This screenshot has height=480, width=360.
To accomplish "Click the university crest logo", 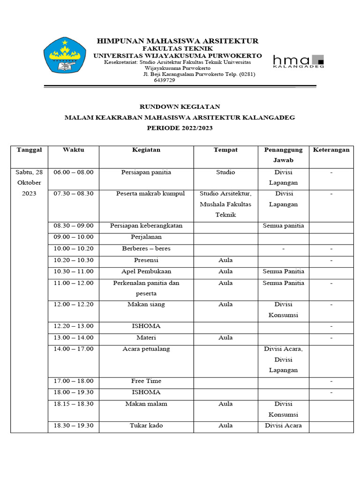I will pos(65,55).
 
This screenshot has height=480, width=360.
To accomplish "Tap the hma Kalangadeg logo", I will pos(298,61).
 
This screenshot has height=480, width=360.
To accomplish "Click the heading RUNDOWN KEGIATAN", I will pos(180,107).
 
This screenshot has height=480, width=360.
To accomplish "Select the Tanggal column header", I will pos(29,150).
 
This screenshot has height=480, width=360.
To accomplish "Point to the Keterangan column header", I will pos(331,150).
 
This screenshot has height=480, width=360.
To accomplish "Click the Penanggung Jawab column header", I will pos(284,155).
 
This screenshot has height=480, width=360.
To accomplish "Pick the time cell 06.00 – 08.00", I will pos(74,172).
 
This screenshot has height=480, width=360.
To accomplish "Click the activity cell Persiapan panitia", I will pos(146,172).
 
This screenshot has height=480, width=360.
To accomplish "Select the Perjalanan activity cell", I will pos(146,237).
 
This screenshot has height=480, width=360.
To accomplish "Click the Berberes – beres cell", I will pos(146,248).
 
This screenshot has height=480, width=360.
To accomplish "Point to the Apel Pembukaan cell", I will pos(146,271).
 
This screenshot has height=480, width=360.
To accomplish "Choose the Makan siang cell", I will pos(146,305).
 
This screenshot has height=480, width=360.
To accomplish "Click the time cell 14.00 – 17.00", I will pos(74,349).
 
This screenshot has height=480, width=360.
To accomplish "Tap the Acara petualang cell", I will pos(146,349).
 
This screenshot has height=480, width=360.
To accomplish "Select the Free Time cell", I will pos(146,381).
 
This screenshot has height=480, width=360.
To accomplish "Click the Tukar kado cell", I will pos(146,426).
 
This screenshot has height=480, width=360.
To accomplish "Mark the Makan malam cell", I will pos(146,404).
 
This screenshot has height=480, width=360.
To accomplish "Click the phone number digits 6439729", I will pos(164,80).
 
